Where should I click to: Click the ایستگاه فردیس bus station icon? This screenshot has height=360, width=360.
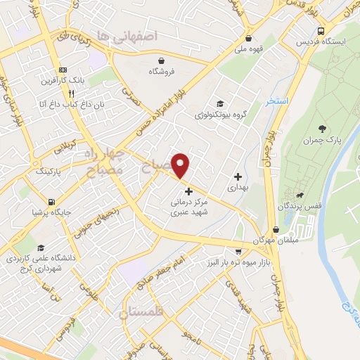321,31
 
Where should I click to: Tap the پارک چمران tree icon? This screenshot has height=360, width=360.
322,128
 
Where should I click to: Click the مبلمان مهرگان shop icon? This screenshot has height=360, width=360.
276,229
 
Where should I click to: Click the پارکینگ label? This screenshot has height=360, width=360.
49,171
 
